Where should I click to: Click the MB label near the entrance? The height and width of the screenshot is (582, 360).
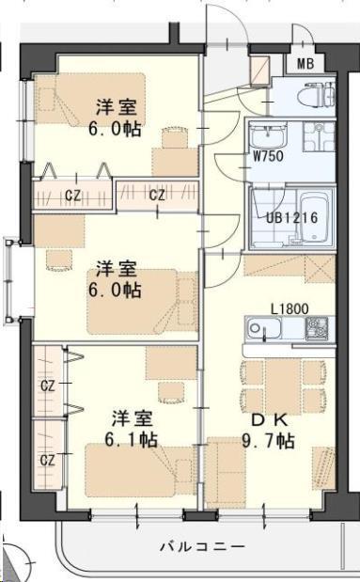305,64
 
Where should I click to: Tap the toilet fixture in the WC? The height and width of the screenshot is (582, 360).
319,94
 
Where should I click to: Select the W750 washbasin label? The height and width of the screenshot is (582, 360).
268,156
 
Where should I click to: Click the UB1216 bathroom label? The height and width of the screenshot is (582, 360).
292,217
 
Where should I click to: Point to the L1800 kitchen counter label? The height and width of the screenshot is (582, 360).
290,308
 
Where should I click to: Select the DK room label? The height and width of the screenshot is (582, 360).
270,420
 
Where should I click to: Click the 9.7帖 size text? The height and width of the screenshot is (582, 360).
268,441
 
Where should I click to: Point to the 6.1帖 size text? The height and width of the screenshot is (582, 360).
132,440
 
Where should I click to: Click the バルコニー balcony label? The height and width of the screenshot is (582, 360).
203,546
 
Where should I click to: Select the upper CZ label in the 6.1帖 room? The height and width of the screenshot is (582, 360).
48,386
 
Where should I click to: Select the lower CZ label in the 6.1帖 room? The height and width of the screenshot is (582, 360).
48,461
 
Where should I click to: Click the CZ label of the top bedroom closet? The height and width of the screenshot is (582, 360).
72,196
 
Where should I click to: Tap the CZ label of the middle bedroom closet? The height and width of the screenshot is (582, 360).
157,195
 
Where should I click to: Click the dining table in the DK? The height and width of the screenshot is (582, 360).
282,386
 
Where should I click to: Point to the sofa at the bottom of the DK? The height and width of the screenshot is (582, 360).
226,472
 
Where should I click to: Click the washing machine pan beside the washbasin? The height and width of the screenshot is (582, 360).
320,136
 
